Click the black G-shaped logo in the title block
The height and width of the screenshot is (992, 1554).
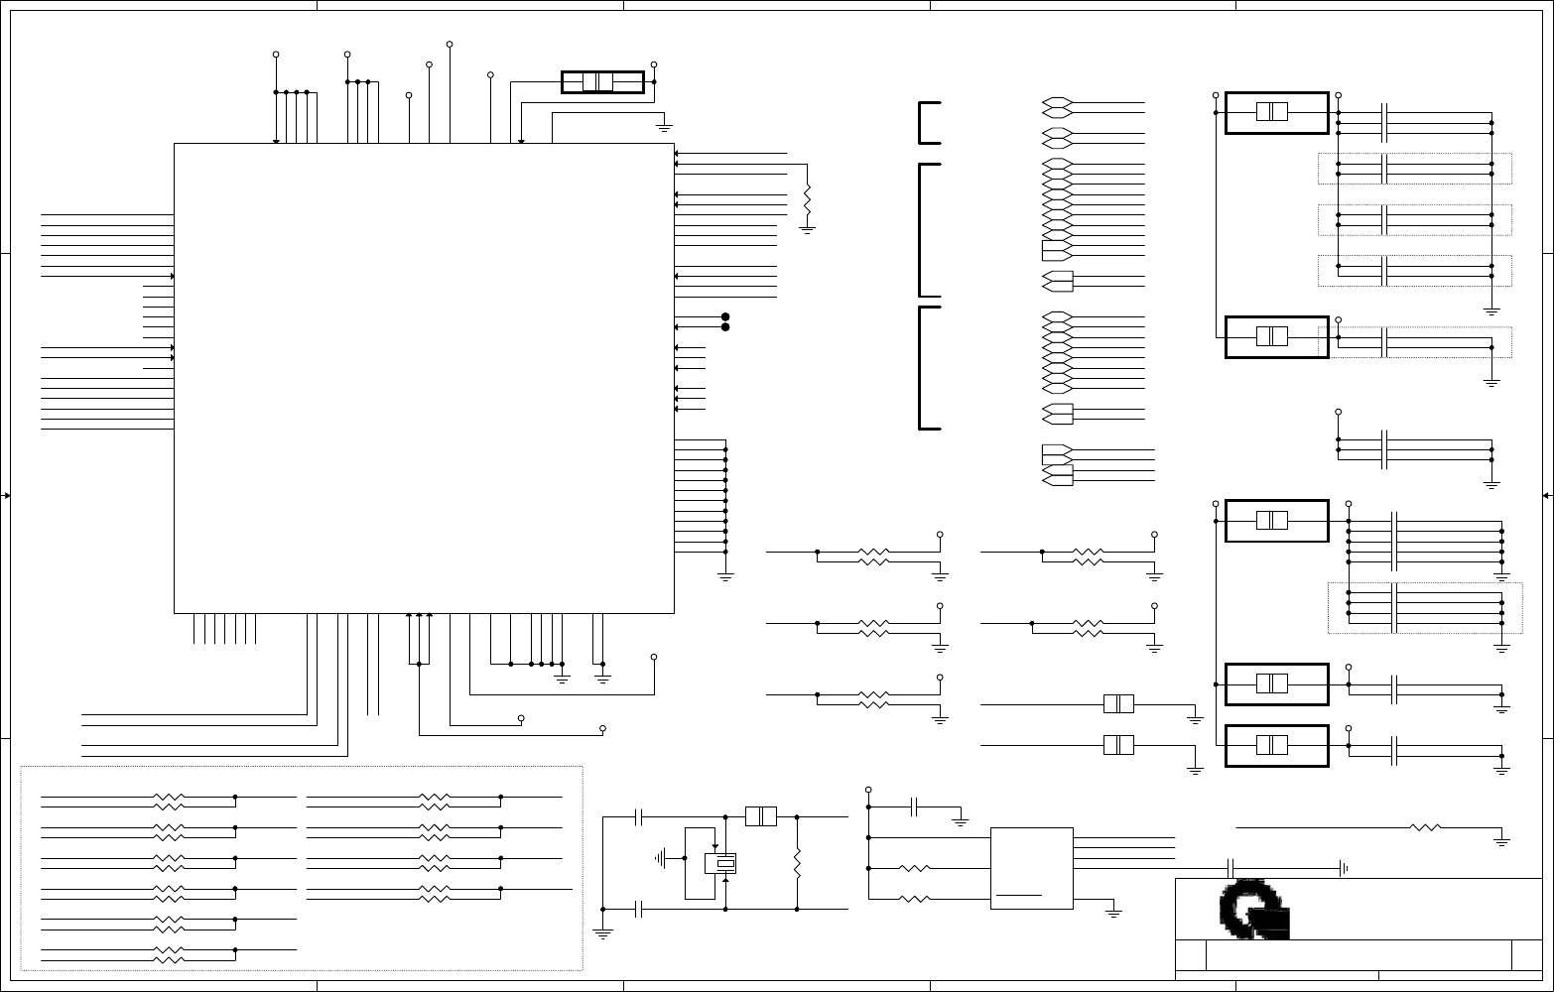point(1253,908)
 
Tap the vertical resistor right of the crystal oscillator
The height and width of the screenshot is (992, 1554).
point(798,863)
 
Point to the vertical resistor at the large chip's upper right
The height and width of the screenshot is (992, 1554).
point(807,200)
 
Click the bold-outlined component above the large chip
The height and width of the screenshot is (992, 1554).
point(602,82)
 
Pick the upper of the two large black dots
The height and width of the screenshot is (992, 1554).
point(725,316)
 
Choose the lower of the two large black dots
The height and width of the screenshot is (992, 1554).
point(725,326)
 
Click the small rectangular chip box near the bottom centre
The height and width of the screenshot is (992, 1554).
point(1032,868)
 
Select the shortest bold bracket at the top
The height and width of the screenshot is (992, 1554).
point(929,123)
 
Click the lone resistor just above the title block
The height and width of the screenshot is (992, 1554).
point(1426,827)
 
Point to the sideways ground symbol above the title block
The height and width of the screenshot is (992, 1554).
point(1343,868)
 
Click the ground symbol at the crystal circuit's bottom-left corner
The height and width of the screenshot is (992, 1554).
point(602,932)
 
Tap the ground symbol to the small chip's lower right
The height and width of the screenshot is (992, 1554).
point(1113,913)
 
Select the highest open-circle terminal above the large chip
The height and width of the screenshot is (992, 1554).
point(450,45)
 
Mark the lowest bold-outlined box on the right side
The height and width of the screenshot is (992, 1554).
point(1276,746)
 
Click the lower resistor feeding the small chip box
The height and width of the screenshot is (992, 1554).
point(915,900)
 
